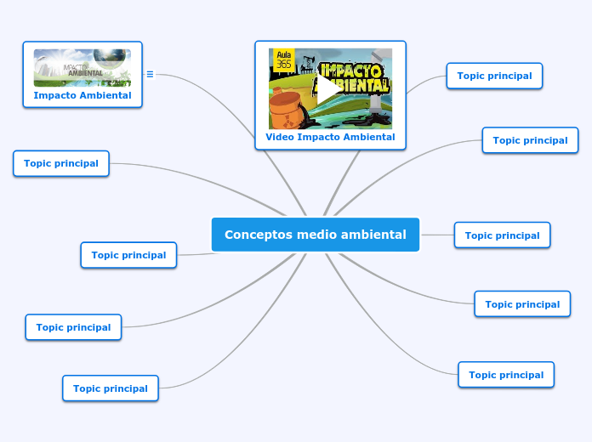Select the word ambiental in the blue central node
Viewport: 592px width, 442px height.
[x=373, y=235]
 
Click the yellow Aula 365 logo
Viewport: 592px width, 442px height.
[x=282, y=60]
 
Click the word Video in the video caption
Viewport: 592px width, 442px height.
[x=281, y=137]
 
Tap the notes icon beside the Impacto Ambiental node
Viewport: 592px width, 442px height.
[x=150, y=74]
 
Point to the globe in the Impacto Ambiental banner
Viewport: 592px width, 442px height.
[x=111, y=59]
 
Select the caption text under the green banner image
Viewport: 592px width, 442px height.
[x=83, y=96]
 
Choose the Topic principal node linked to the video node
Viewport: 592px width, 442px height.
[x=494, y=76]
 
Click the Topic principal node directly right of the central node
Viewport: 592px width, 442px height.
[x=502, y=235]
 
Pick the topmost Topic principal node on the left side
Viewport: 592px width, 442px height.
[x=61, y=163]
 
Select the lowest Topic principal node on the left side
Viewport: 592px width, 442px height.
[x=111, y=388]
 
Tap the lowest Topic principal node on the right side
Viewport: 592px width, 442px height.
[x=506, y=375]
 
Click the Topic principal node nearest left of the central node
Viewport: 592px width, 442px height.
[x=128, y=255]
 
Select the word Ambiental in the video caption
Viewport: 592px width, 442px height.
[x=367, y=137]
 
